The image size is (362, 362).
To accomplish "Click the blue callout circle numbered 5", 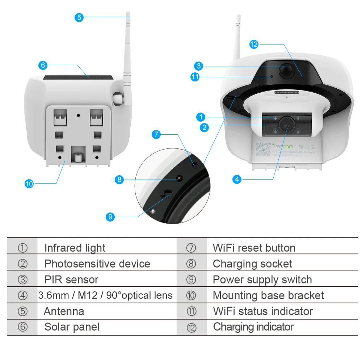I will point(79,17).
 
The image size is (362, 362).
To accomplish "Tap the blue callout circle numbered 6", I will point(43,65).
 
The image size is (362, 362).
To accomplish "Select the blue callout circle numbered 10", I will point(29,184).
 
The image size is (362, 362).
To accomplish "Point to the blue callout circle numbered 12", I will point(254,44).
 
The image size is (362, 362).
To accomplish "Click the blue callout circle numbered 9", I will point(111,217).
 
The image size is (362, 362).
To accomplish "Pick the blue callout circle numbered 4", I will point(237,179).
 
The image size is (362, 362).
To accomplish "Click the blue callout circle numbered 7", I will point(156,135).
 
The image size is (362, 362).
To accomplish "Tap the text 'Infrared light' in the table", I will point(75,248).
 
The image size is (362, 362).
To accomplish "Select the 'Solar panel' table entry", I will point(72,327).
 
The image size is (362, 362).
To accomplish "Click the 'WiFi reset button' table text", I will point(254,248).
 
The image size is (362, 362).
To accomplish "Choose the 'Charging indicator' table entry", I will point(253,327).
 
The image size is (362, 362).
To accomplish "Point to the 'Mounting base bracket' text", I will point(268,295).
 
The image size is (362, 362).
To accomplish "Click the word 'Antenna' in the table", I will point(64,311).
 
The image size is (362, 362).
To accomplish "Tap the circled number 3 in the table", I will point(22,279).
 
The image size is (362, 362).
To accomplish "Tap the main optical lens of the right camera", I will point(287,124).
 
